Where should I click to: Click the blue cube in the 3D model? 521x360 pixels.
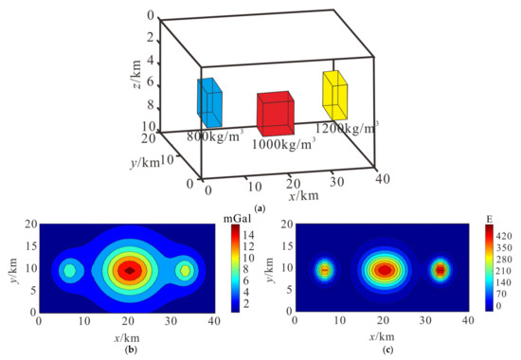pos(209,103)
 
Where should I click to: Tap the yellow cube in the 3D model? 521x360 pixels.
pos(335,93)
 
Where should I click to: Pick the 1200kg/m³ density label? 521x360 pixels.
pos(347,125)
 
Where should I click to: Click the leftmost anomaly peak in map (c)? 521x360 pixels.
pos(324,270)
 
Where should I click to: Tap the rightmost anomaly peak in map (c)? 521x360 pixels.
pos(440,270)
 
